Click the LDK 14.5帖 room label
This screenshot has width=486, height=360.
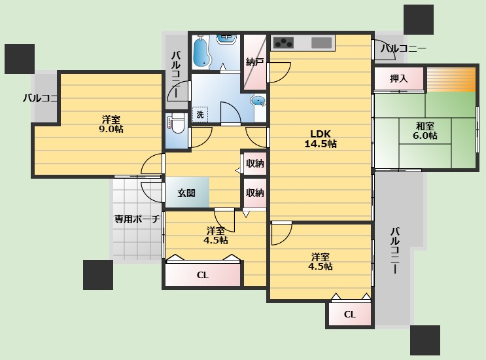coord(320,139)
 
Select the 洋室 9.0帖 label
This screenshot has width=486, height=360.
coord(111,124)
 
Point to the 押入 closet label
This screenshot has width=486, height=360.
coord(398,79)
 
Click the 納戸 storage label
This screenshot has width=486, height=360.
coord(254,62)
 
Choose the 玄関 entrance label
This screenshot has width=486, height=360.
coord(186,193)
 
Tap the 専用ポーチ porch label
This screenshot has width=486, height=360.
coord(137,219)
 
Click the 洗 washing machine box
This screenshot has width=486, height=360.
coord(200,114)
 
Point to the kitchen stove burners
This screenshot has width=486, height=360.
coord(284,43)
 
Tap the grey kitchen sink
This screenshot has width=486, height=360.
coord(321,43)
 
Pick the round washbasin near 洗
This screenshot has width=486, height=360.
coord(258,101)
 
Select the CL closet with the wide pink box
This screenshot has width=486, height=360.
coord(203,275)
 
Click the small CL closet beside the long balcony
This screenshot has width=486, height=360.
coord(349,314)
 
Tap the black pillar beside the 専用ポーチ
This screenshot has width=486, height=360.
coord(98,274)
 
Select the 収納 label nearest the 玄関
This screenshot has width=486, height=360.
coord(255,193)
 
